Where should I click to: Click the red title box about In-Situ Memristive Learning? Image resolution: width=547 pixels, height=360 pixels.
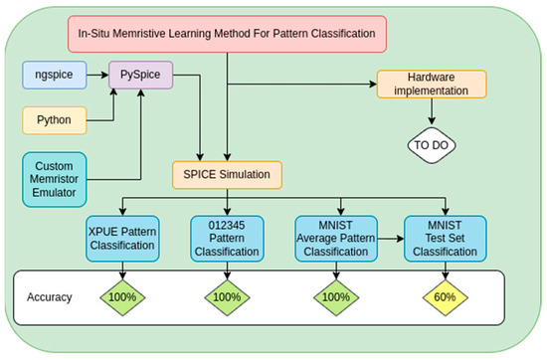227,34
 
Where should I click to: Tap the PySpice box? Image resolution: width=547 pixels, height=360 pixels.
140,74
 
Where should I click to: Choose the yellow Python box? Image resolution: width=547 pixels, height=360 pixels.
53,120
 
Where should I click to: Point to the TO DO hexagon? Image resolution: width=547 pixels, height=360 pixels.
430,143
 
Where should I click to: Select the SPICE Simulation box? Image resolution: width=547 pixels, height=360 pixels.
226,175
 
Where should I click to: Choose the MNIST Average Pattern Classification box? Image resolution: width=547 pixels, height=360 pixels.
333,239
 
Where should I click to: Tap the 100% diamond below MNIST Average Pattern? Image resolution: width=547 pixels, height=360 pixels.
334,297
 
